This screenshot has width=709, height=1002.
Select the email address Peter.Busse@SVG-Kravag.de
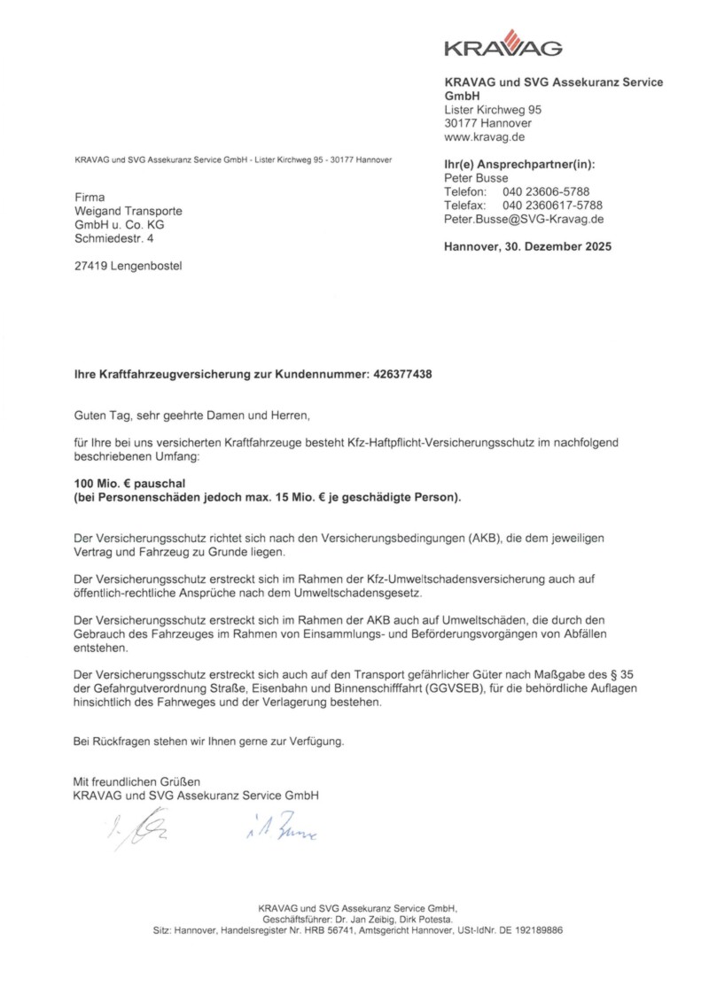[x=524, y=219]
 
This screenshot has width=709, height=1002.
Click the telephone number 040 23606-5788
[x=546, y=191]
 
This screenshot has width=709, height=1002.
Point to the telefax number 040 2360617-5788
[x=552, y=206]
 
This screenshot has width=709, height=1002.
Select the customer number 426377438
[x=399, y=375]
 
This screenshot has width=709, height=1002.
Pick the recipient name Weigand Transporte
[x=129, y=211]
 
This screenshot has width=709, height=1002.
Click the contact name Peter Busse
[x=476, y=178]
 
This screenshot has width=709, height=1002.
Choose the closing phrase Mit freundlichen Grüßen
[x=136, y=781]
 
